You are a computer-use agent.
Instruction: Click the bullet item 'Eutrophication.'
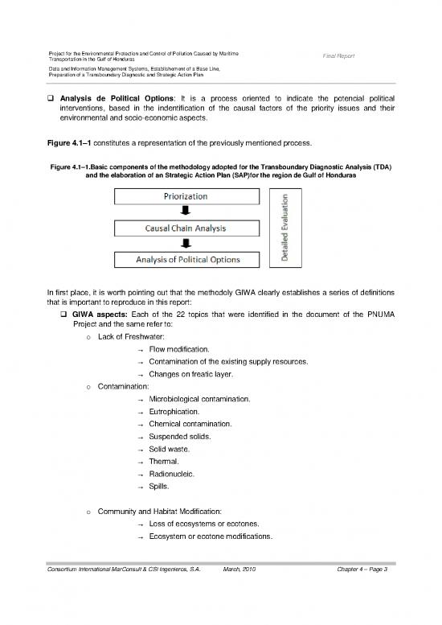click(x=174, y=411)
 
